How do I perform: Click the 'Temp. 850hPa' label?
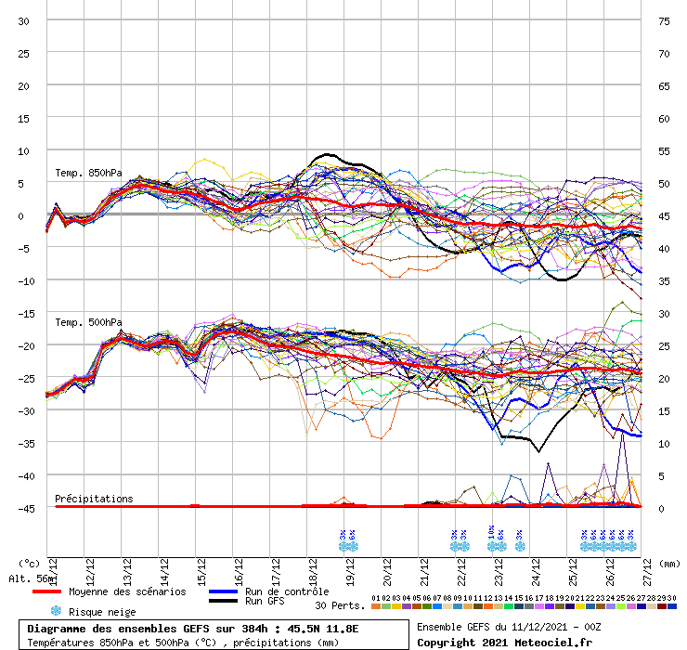(x=87, y=174)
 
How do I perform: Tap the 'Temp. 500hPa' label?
(x=87, y=323)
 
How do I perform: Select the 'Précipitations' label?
(x=94, y=499)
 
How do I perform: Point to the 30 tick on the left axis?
(x=23, y=21)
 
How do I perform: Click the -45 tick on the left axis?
(x=23, y=509)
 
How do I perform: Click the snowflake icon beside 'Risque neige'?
(x=55, y=611)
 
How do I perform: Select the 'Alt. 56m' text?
(x=27, y=579)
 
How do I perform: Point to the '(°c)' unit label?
(x=29, y=563)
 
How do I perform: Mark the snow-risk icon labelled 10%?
(x=491, y=539)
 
